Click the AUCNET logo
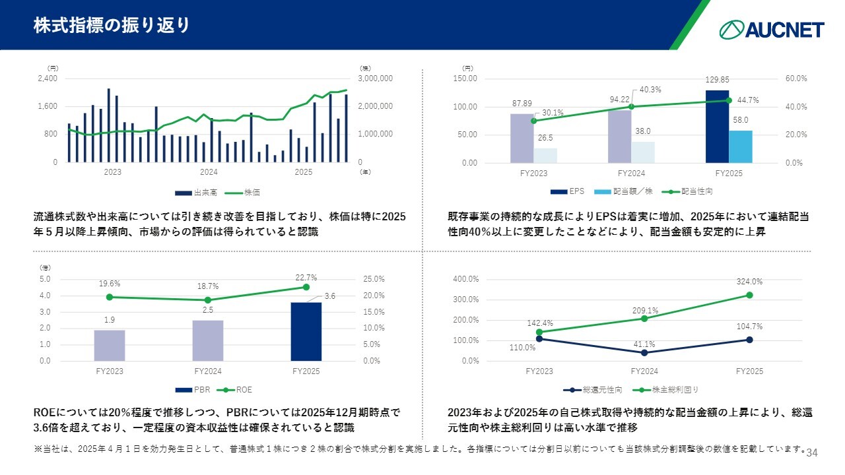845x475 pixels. coord(772,29)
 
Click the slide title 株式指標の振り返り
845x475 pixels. coord(112,25)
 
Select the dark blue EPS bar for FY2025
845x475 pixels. coord(717,127)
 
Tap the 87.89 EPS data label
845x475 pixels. coord(522,104)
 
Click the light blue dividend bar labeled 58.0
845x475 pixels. coord(741,146)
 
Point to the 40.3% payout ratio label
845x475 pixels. coord(651,90)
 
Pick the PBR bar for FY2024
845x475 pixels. coord(208,340)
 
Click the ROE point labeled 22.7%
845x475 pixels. coord(306,287)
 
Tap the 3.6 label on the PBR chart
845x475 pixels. coord(330,297)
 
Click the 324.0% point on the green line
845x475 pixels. coord(749,295)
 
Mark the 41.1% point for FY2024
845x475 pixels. coord(644,352)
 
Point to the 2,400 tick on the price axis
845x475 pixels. coord(48,79)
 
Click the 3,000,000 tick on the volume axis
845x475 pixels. coord(376,79)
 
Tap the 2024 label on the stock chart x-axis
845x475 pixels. coord(209,173)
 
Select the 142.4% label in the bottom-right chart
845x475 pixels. coord(540,323)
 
